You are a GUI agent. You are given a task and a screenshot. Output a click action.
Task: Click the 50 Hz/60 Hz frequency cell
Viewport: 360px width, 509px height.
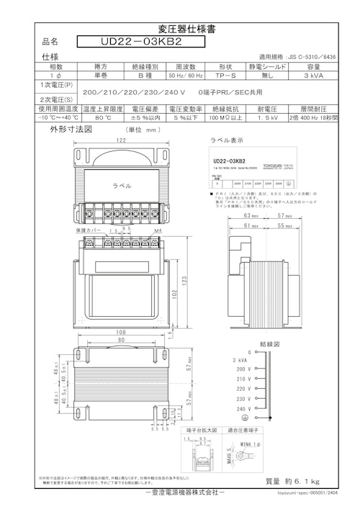186,75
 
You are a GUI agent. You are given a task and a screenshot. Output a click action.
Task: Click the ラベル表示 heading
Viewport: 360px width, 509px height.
225,140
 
